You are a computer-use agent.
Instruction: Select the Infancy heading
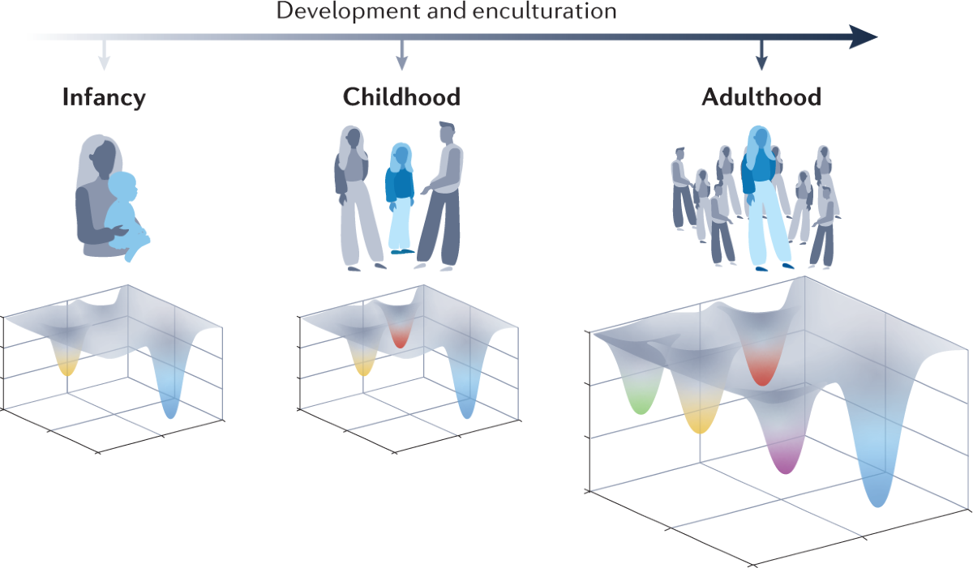click(104, 98)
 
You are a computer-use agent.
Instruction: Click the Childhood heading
click(401, 98)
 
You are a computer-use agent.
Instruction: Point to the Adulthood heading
click(761, 98)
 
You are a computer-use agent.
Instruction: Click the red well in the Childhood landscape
click(400, 339)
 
